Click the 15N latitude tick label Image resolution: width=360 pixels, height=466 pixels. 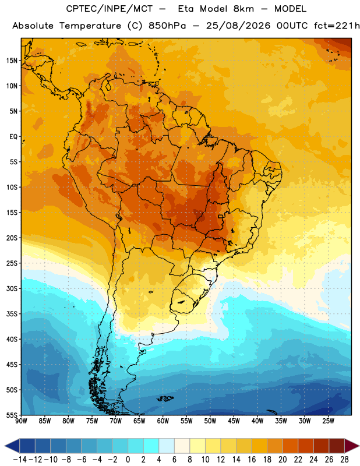click(x=12, y=61)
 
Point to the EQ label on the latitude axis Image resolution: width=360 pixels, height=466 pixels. click(x=13, y=137)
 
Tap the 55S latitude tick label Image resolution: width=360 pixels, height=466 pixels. click(x=12, y=415)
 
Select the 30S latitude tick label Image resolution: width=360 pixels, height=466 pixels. click(x=12, y=288)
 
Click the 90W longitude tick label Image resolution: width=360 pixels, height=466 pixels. click(x=21, y=421)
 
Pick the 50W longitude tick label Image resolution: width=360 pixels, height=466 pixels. click(x=210, y=421)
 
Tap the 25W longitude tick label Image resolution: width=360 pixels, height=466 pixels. click(x=328, y=421)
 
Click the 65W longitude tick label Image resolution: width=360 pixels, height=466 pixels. click(x=139, y=421)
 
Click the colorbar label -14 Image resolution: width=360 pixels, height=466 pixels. click(x=20, y=460)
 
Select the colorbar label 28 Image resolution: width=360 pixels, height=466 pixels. click(x=344, y=460)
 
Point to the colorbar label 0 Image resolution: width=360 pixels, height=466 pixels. click(x=128, y=460)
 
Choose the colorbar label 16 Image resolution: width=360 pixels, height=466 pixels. click(x=252, y=460)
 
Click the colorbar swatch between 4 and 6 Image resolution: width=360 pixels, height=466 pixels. click(x=167, y=446)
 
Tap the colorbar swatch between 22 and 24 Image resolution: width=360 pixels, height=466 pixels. click(x=306, y=446)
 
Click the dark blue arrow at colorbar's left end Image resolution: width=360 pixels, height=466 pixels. click(x=12, y=446)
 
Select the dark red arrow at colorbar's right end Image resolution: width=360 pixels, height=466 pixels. click(x=352, y=446)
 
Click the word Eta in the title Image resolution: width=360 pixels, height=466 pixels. click(x=186, y=9)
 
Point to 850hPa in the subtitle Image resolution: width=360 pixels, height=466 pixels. click(x=167, y=26)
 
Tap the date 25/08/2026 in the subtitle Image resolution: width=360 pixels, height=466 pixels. click(x=238, y=26)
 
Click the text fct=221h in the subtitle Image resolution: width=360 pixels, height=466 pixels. click(x=337, y=26)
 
